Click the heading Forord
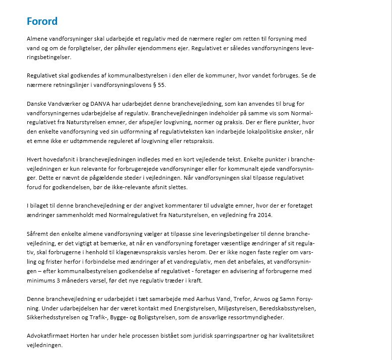tap(42, 21)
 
